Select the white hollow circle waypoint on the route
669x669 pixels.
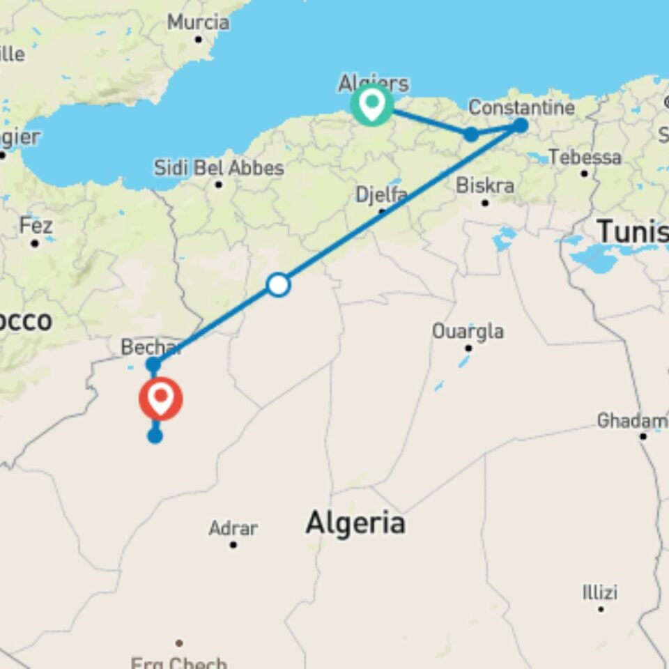pos(279,284)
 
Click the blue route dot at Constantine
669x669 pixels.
pos(521,125)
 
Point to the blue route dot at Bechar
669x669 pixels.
pos(153,364)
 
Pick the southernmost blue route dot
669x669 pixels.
pos(155,436)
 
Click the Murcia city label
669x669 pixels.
pos(198,22)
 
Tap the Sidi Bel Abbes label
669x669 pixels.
pos(219,168)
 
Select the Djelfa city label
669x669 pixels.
pos(381,194)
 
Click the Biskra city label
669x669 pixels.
pos(485,185)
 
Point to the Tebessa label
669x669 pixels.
pos(585,157)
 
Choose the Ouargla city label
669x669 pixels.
pos(468,331)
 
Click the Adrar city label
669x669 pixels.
pos(233,528)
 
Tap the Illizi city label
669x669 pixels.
pos(600,592)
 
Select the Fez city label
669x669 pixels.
pos(36,226)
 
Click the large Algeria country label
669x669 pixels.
pos(355,522)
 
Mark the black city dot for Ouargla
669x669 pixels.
pos(469,348)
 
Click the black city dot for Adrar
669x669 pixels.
pos(233,544)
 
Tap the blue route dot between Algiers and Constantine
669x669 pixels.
pos(471,134)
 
